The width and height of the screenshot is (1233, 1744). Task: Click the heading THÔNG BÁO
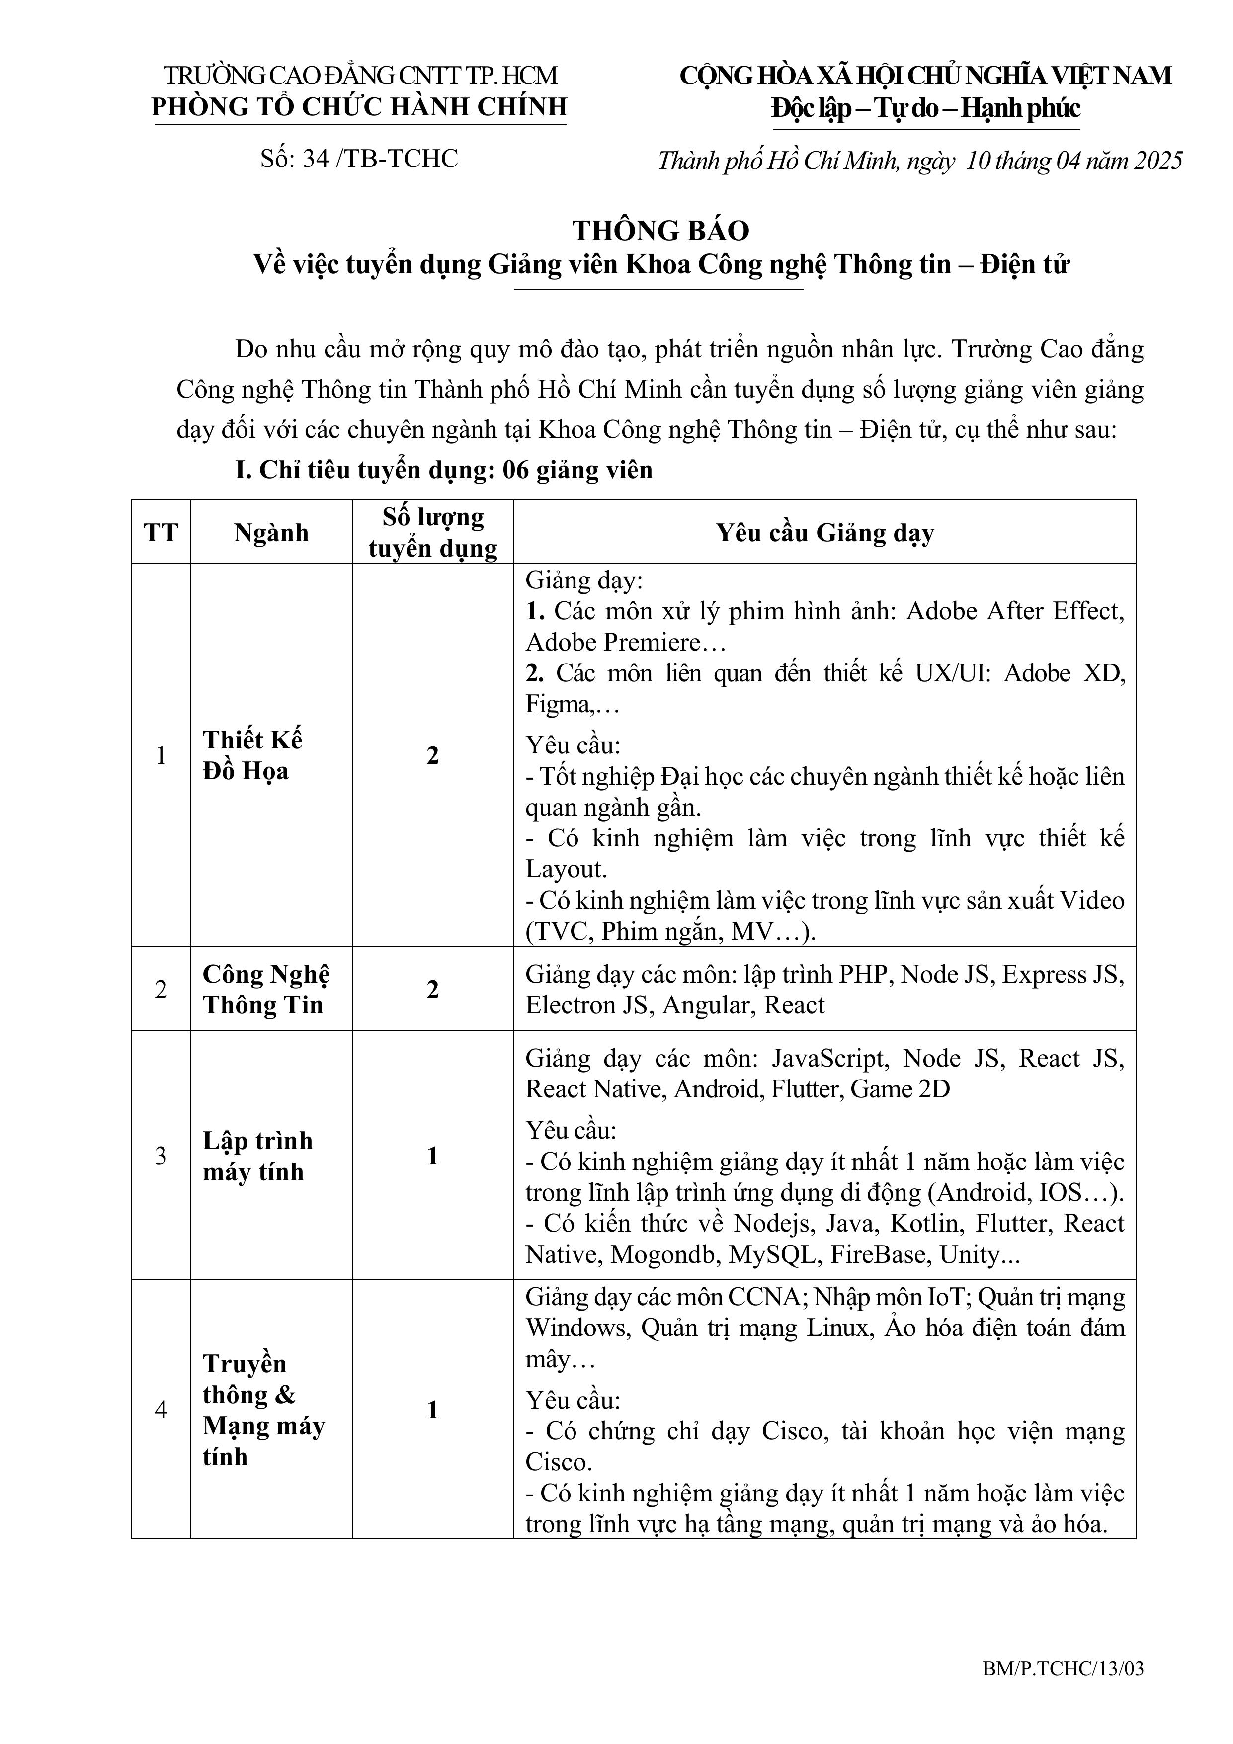[660, 230]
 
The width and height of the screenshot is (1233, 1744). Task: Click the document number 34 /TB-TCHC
[359, 158]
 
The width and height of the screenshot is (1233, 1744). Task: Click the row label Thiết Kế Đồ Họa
[252, 755]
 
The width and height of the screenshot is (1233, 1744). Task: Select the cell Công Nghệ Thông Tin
[266, 989]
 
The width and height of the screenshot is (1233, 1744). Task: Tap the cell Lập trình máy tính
[257, 1156]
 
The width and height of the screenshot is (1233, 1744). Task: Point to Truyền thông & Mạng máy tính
[263, 1410]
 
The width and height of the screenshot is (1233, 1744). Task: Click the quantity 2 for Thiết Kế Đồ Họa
[432, 755]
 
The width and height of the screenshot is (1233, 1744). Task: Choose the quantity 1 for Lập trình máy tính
[432, 1156]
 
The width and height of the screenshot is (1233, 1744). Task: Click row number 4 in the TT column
[161, 1410]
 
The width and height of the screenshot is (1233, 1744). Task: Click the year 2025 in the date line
[1158, 160]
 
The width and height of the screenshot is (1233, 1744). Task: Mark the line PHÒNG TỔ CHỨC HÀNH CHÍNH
[359, 106]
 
